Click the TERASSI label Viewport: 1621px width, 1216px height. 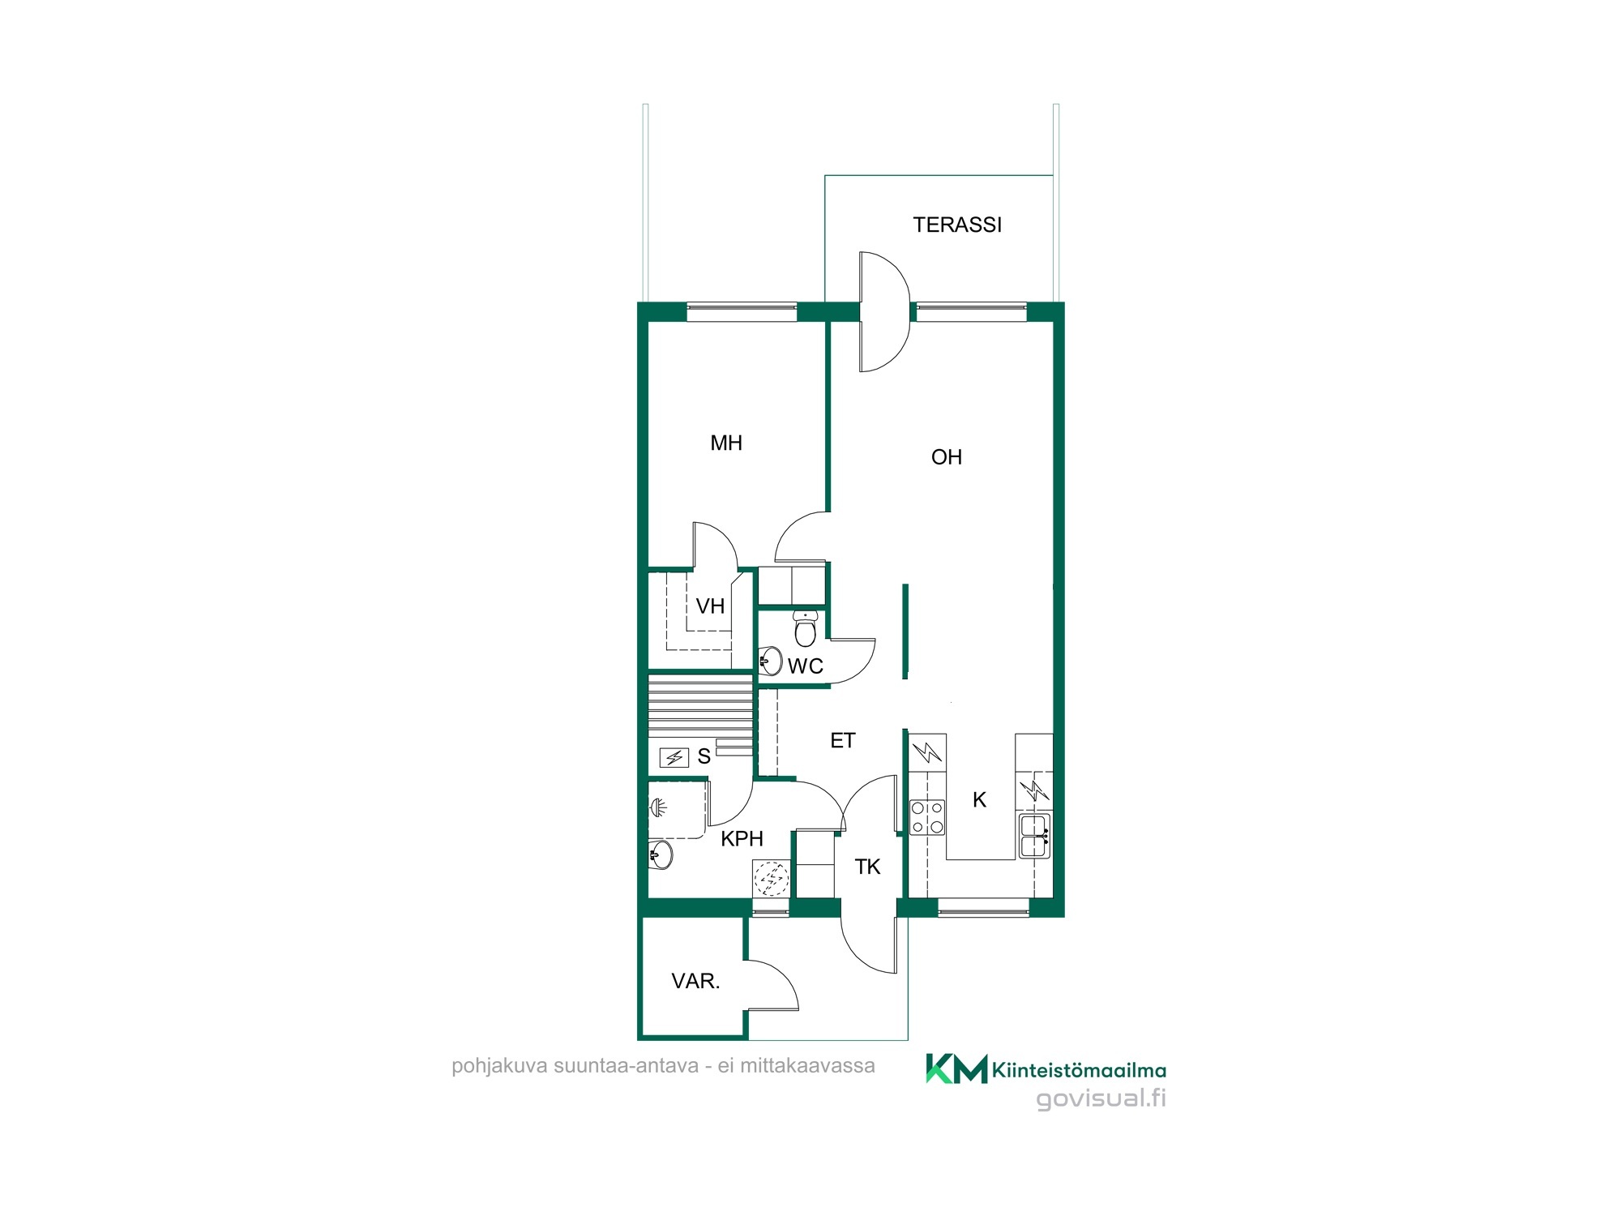click(x=957, y=225)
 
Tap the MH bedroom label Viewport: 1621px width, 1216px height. click(x=726, y=443)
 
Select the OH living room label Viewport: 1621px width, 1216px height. click(x=947, y=457)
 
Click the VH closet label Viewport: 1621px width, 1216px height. click(x=710, y=606)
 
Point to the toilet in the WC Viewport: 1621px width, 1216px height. click(x=805, y=628)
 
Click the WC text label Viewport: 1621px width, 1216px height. click(x=806, y=666)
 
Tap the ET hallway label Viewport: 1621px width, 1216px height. click(x=843, y=740)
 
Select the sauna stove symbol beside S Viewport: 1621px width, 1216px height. click(x=674, y=757)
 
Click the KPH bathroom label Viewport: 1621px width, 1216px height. click(x=742, y=839)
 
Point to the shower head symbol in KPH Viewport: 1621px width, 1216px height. click(x=658, y=807)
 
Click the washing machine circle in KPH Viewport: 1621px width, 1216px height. click(x=771, y=878)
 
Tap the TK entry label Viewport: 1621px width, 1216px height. click(x=867, y=867)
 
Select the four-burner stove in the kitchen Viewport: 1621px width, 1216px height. click(x=927, y=817)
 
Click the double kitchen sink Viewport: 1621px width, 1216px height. click(x=1035, y=836)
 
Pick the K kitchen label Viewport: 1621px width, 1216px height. click(x=979, y=800)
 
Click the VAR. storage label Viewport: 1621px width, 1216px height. click(x=695, y=982)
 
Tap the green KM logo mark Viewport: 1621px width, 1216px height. click(x=956, y=1068)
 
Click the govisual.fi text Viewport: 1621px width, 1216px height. click(x=1101, y=1098)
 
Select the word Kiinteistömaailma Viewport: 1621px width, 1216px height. click(x=1080, y=1071)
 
